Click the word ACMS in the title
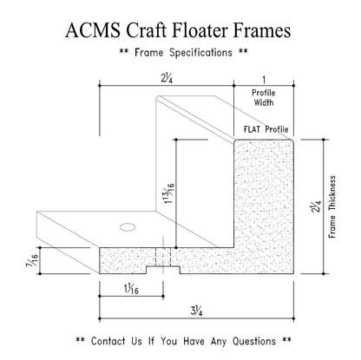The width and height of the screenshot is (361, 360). click(x=93, y=30)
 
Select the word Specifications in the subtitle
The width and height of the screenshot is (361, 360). click(x=200, y=53)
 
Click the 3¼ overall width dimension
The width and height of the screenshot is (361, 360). click(x=196, y=311)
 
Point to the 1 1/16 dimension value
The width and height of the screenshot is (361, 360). click(x=131, y=289)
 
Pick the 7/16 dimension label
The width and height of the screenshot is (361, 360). click(x=32, y=260)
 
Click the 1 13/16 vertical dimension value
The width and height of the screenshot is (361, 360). click(x=169, y=193)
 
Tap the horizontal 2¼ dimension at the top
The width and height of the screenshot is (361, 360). click(x=167, y=78)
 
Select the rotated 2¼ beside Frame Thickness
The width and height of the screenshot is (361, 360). click(x=316, y=206)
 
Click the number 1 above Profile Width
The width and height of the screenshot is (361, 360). click(x=264, y=79)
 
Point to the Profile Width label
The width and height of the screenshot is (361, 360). click(x=264, y=98)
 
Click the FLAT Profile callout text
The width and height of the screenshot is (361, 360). click(x=266, y=129)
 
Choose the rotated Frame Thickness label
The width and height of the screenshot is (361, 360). click(x=332, y=206)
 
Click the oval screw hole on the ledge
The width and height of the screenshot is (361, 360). click(x=128, y=227)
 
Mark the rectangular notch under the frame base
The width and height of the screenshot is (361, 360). click(x=163, y=270)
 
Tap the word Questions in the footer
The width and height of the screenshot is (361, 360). click(x=254, y=341)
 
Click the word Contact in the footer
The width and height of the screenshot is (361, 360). click(x=108, y=341)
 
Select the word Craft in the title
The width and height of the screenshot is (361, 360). click(x=147, y=30)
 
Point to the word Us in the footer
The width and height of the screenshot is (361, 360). click(x=136, y=341)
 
